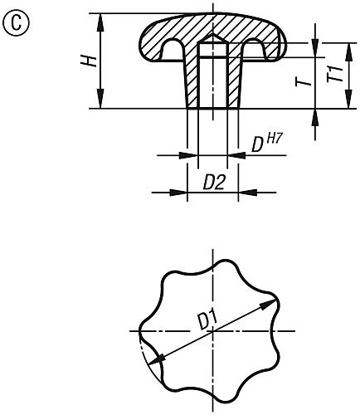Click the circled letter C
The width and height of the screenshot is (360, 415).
tap(14, 21)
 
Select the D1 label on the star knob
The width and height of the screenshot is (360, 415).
tap(207, 319)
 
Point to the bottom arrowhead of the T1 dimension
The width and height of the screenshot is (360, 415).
tap(315, 113)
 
